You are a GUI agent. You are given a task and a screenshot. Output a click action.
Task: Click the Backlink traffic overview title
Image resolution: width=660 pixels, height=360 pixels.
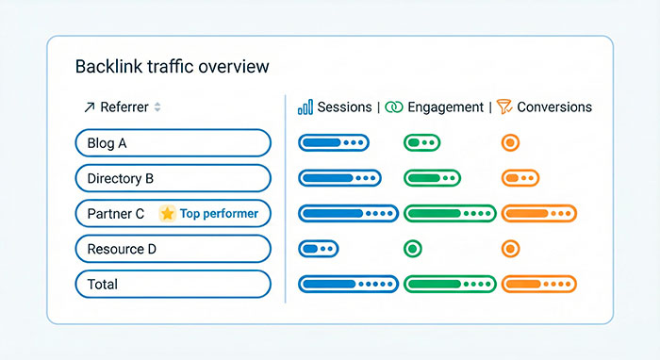172,67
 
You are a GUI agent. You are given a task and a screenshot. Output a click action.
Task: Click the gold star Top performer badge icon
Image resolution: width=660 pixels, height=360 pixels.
168,214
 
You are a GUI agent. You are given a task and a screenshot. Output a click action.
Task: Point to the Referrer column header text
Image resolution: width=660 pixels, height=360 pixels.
124,107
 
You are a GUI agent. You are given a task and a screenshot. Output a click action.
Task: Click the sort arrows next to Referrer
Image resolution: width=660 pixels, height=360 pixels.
157,107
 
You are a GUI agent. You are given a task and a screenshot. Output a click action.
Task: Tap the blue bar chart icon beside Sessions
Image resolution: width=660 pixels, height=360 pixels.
305,107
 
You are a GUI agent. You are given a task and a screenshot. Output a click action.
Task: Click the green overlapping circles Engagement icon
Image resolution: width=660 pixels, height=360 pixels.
393,107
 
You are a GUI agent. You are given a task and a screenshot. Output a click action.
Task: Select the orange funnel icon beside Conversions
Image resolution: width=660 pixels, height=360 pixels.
503,107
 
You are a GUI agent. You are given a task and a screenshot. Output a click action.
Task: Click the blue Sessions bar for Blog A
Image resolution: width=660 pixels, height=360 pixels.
333,143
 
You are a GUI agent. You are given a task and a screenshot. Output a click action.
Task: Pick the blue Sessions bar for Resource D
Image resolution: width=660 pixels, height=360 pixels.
319,249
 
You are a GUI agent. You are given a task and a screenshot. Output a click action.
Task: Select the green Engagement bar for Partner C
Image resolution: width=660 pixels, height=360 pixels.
450,214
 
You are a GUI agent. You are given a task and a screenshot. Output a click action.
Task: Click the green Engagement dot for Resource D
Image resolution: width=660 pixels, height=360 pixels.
412,249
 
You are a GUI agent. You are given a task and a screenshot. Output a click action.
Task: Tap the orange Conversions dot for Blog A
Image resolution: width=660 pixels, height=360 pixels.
510,143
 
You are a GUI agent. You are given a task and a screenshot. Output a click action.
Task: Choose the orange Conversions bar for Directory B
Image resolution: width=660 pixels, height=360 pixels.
520,178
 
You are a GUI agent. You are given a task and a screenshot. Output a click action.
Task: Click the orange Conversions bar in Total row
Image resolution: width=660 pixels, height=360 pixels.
538,284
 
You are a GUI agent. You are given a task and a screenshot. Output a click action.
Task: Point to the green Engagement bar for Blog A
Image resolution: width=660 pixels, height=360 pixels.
421,143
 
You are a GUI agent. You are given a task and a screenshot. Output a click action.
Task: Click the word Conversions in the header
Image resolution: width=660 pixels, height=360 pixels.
554,107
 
